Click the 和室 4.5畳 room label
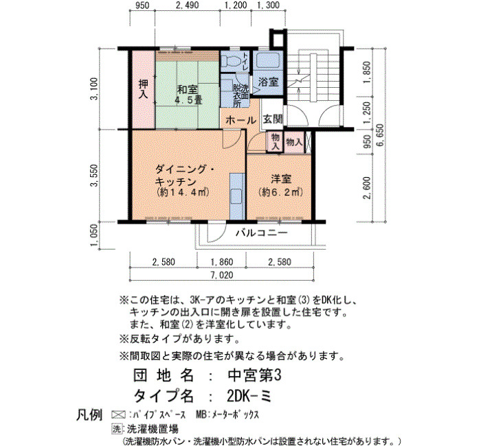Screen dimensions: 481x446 (x=187, y=95)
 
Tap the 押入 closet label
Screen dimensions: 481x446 (x=143, y=89)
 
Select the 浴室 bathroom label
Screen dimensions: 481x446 (x=268, y=82)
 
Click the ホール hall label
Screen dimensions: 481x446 (x=240, y=120)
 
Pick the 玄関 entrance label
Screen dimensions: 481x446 (x=273, y=119)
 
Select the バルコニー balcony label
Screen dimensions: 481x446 (x=262, y=233)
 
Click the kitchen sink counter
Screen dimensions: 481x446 (x=237, y=196)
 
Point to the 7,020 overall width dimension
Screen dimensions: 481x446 (x=223, y=274)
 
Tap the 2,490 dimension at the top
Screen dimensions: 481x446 (x=188, y=5)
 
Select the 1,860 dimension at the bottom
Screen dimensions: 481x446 (x=221, y=262)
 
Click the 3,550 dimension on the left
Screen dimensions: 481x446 (x=94, y=176)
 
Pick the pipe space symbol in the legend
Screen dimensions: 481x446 (x=118, y=414)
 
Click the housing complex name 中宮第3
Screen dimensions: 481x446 (x=254, y=375)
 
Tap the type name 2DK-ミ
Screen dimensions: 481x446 (x=249, y=397)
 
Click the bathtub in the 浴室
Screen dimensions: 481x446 (x=269, y=60)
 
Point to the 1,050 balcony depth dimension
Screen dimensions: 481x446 (x=94, y=235)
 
